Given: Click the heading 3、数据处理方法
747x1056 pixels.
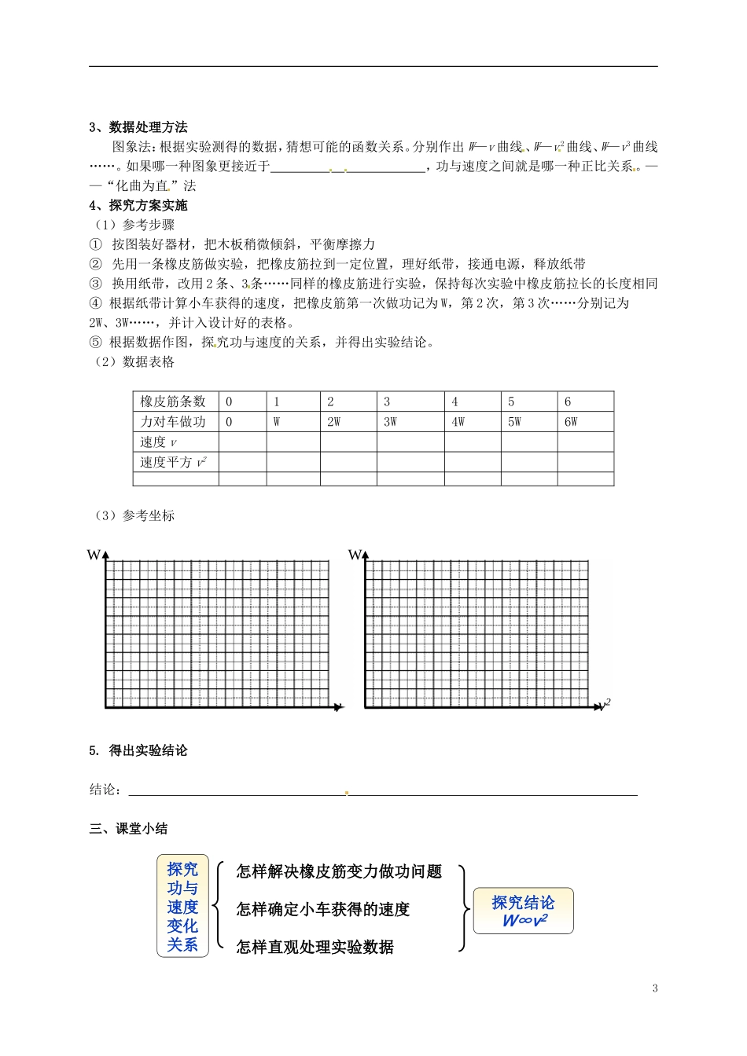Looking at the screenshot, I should (x=138, y=127).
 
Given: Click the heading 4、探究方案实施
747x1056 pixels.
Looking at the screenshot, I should (x=138, y=206).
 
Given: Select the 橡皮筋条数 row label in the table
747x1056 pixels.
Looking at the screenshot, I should (x=173, y=401).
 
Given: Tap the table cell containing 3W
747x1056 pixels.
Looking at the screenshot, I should (x=391, y=422).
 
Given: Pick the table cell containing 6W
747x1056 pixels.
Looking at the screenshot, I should (x=571, y=422).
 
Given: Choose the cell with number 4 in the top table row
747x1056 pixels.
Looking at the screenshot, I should (x=455, y=401).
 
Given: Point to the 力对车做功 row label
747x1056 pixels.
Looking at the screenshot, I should (x=173, y=422).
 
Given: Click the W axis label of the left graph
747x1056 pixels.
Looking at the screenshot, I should (x=94, y=555).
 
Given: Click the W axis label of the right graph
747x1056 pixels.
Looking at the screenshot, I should (x=355, y=555).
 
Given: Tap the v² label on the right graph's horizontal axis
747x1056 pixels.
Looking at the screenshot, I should (x=605, y=704).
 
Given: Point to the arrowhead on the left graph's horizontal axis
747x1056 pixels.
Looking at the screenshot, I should (x=339, y=708).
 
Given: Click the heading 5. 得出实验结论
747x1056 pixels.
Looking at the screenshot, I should (x=138, y=751).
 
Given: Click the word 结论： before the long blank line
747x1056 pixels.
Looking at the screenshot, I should (x=105, y=790).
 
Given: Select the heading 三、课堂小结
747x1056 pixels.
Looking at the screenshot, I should (x=128, y=829).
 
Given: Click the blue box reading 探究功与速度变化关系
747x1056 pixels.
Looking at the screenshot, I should (x=182, y=907).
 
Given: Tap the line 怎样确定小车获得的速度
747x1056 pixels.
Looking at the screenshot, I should (x=323, y=910).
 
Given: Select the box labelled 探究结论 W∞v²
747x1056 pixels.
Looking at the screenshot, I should (x=523, y=911).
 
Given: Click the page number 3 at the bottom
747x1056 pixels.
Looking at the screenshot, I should (x=655, y=988).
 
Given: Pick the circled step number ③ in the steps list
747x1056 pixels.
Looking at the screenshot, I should (x=95, y=284).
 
